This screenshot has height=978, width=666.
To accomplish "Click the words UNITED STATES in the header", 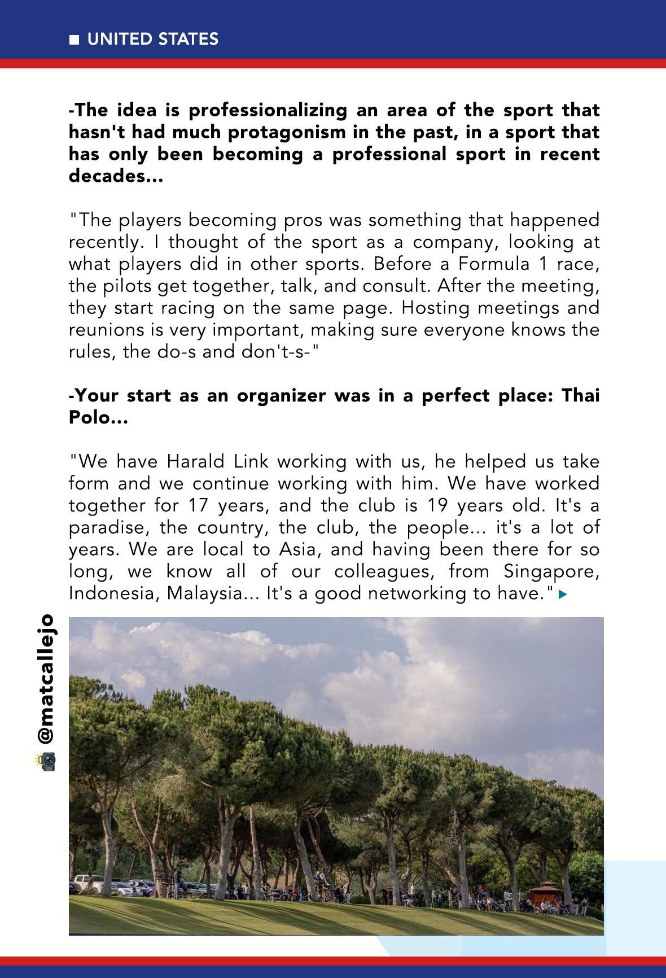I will [152, 39].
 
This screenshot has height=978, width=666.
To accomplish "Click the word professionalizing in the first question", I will [267, 110].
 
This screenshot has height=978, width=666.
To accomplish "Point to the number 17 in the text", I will [199, 505].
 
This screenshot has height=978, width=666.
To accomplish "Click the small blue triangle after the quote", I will [561, 594].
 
